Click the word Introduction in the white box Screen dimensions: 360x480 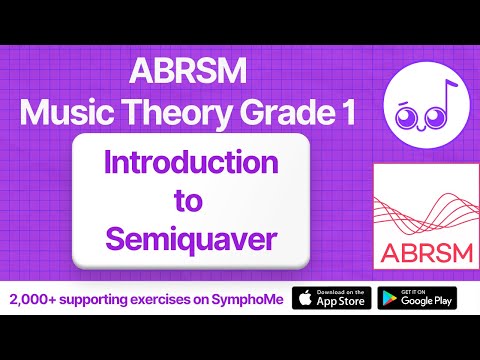[x=191, y=162]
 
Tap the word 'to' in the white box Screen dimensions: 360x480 [x=191, y=200]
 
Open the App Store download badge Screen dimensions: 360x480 [x=331, y=298]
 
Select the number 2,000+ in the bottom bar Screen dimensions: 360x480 [x=33, y=298]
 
